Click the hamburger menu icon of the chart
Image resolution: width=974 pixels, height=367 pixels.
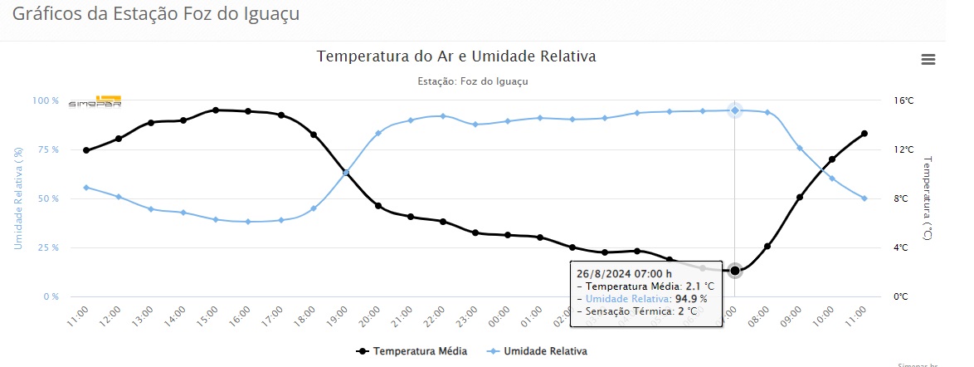(x=928, y=59)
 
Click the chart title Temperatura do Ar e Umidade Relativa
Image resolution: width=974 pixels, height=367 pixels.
(x=456, y=56)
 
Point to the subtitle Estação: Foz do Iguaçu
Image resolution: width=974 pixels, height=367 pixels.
(x=472, y=81)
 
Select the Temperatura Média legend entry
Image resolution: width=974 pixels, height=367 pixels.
(x=412, y=351)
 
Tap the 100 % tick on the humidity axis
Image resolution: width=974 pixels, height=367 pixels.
(x=45, y=100)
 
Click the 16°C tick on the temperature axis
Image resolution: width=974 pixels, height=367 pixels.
(x=903, y=100)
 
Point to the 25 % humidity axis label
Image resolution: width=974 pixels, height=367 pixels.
(x=46, y=247)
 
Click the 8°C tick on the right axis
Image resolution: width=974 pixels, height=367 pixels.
(x=903, y=198)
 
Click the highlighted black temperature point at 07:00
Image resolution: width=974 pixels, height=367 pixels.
(x=735, y=271)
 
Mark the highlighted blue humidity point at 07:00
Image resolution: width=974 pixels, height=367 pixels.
(x=735, y=110)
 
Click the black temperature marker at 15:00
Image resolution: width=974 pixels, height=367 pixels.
(x=215, y=110)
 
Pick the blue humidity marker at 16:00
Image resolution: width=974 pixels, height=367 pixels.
(x=248, y=222)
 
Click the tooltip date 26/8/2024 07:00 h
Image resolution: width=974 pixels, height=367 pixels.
(x=623, y=273)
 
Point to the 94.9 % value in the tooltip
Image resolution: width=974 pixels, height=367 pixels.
(x=691, y=299)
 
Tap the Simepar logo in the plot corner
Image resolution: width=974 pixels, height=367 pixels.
(x=95, y=101)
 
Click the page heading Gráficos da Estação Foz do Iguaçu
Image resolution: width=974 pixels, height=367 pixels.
(x=156, y=14)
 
